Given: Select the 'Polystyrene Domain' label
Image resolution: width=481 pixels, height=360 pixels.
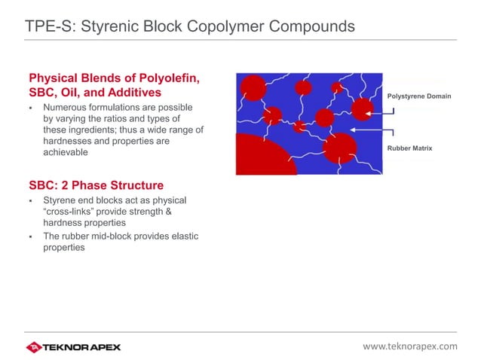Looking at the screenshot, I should click(x=418, y=96).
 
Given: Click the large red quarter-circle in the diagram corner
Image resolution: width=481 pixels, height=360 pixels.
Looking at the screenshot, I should click(x=260, y=156).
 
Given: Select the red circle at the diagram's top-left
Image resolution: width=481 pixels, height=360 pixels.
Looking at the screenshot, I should click(x=253, y=88).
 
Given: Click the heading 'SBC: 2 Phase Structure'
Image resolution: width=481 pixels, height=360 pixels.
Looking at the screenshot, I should click(x=96, y=185).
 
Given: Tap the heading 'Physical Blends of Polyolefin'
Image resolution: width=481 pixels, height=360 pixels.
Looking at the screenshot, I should click(x=113, y=78).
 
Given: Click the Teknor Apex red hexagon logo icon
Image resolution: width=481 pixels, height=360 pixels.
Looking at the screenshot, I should click(x=33, y=347).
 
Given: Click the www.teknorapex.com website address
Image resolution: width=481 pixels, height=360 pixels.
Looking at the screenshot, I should click(x=410, y=346).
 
